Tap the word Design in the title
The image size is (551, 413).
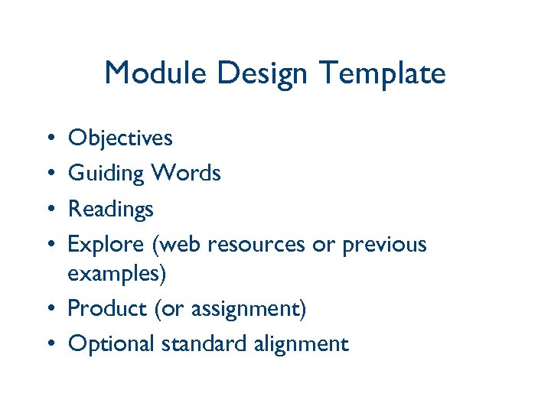pyautogui.click(x=262, y=73)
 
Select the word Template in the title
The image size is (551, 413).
pyautogui.click(x=382, y=73)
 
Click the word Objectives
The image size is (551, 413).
pyautogui.click(x=120, y=138)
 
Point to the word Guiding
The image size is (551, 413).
pyautogui.click(x=106, y=174)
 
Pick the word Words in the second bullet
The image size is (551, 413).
pyautogui.click(x=186, y=174)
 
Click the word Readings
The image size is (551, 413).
pyautogui.click(x=111, y=210)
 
